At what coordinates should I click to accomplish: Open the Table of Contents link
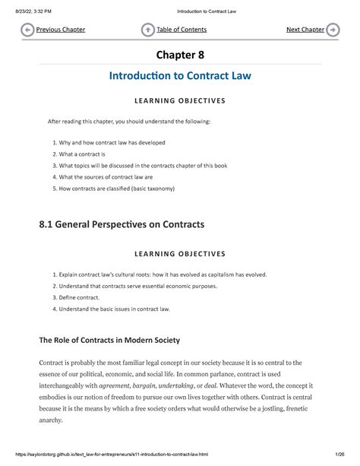click(x=182, y=30)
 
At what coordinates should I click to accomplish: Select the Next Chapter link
click(x=305, y=30)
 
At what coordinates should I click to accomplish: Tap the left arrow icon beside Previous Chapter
click(x=27, y=30)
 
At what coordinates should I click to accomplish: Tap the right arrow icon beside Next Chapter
click(x=333, y=30)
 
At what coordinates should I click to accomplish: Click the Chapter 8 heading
click(x=180, y=55)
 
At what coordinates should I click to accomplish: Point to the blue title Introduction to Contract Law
click(x=180, y=77)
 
